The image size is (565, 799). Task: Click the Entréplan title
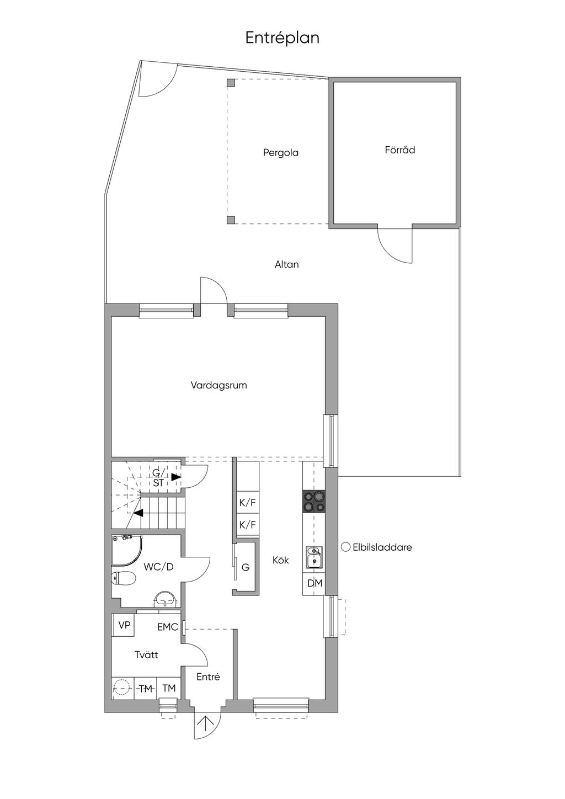pos(282,38)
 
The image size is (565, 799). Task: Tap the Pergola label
pos(280,153)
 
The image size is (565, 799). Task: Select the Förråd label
pos(399,150)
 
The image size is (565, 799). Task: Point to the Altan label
pos(286,265)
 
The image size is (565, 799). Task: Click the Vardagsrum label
pos(218,385)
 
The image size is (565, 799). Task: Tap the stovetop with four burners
pos(314,502)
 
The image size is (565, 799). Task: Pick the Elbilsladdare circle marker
pos(346,547)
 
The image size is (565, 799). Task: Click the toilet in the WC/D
pos(124,579)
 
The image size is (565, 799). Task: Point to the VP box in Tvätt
pos(124,626)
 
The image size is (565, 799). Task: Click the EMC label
pos(167,627)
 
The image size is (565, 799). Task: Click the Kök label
pos(280,561)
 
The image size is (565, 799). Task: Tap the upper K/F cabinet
pos(247,503)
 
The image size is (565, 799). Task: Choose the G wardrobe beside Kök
pos(246,567)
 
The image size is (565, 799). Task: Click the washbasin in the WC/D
pos(164,599)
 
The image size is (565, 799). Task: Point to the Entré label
pos(208,677)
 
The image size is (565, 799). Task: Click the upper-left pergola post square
pos(231,83)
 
